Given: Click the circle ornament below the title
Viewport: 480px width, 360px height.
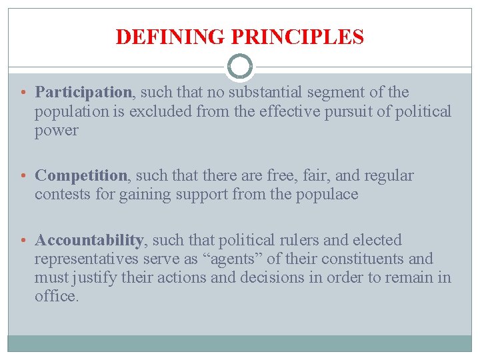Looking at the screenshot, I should click(240, 67).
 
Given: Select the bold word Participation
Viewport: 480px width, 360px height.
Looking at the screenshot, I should click(83, 92).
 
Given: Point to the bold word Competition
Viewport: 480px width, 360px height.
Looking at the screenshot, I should click(81, 176).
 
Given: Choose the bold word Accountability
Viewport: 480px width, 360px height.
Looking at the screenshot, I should click(89, 240).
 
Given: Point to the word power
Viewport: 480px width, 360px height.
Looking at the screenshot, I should click(56, 131).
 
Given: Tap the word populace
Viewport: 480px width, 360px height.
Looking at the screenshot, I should click(327, 195).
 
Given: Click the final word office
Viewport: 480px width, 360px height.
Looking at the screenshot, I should click(57, 296).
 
